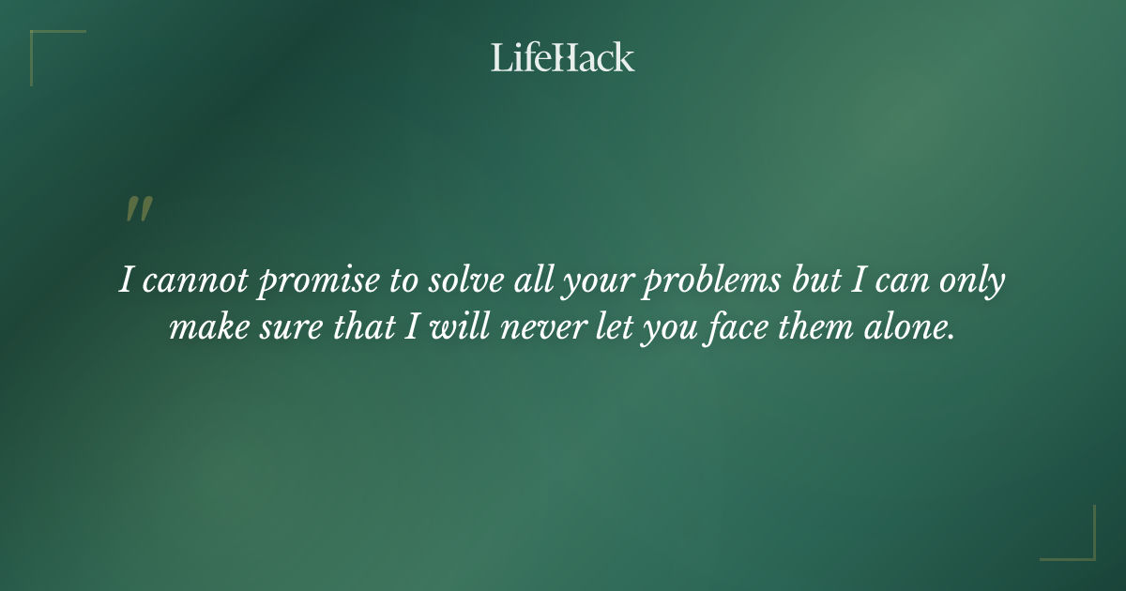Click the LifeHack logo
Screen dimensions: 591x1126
562,58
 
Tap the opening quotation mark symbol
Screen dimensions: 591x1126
139,210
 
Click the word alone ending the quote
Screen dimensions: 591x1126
915,328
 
